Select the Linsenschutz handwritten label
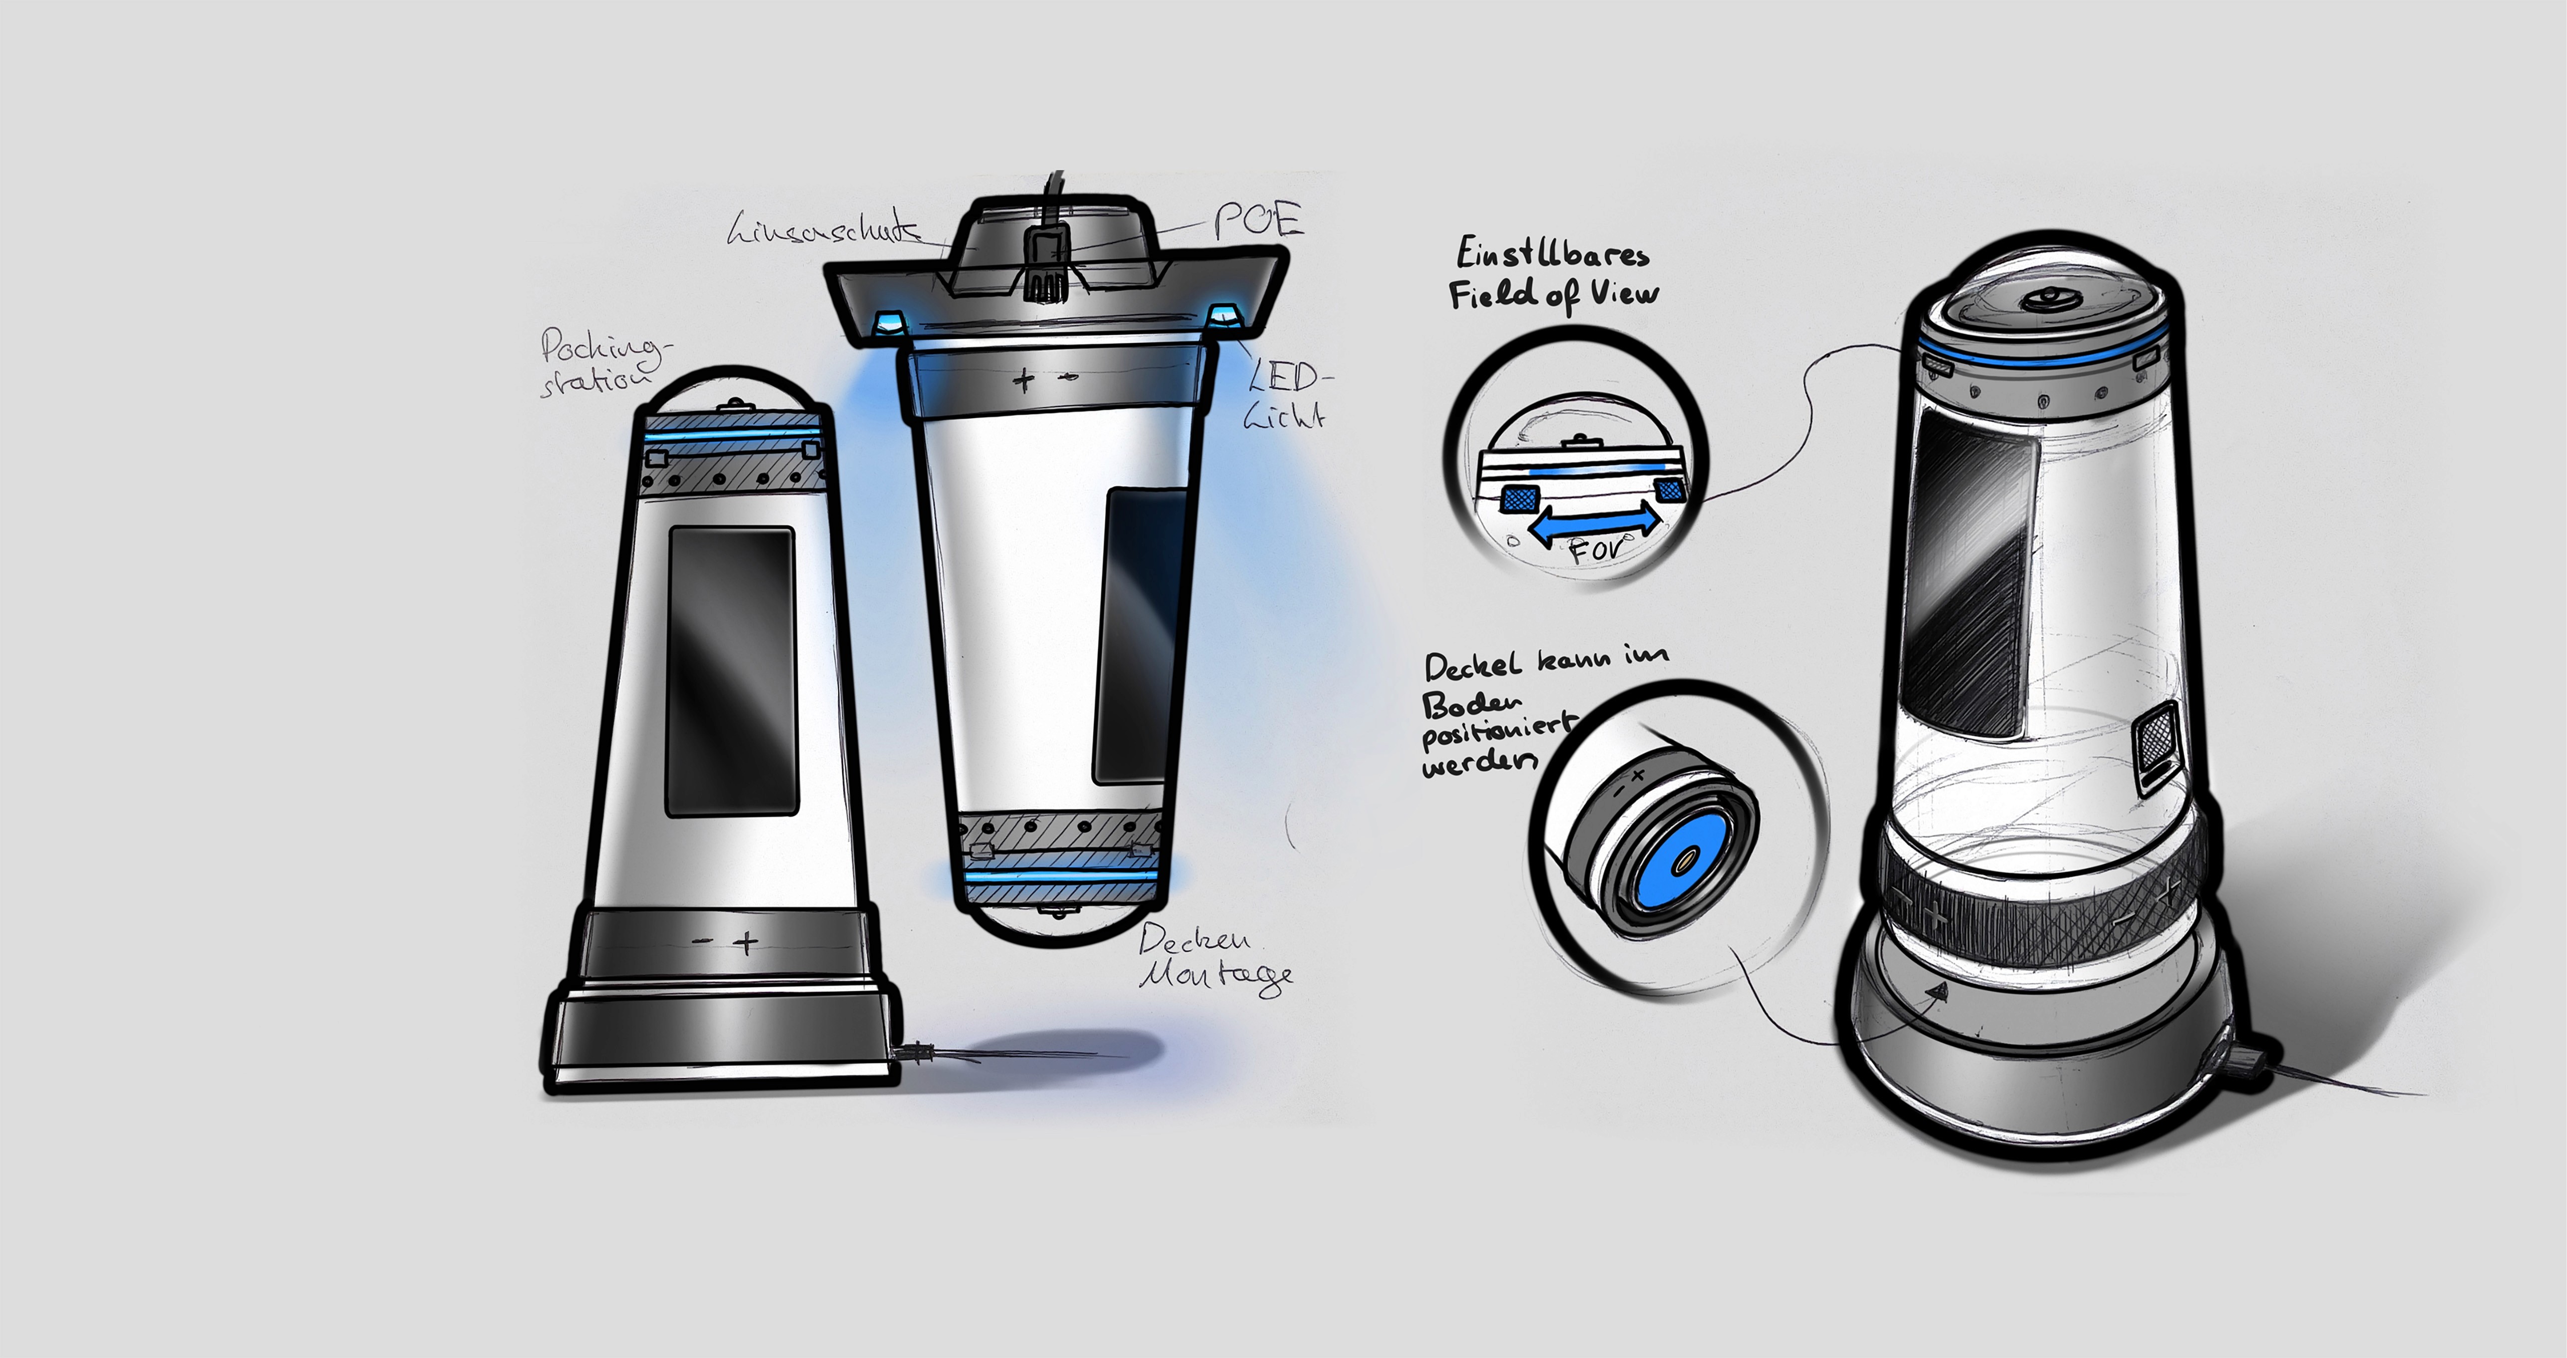[x=823, y=230]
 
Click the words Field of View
[x=1553, y=295]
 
